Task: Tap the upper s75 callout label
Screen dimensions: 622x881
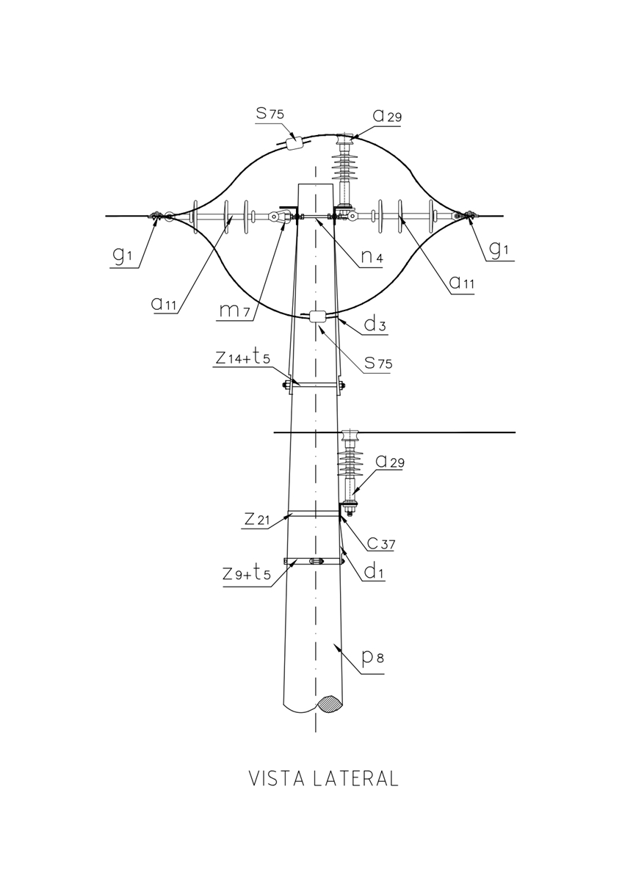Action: [x=270, y=113]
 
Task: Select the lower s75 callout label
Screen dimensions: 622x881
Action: [x=378, y=362]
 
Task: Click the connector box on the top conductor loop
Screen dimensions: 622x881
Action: [x=295, y=142]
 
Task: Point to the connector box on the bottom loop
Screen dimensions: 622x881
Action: [x=318, y=316]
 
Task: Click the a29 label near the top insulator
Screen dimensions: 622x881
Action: [x=387, y=116]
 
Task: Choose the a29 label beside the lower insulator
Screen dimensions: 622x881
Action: [x=390, y=461]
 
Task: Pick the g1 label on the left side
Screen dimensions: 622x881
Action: [x=123, y=256]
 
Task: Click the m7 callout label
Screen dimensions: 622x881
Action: [x=234, y=311]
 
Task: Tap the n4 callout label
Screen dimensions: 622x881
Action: [x=372, y=256]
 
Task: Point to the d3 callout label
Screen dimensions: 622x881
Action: [x=375, y=324]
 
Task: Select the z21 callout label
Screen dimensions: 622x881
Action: [x=257, y=519]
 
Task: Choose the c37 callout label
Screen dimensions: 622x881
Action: [x=381, y=543]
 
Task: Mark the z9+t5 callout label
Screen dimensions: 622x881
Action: [x=247, y=573]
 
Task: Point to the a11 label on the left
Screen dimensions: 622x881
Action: [x=164, y=303]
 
